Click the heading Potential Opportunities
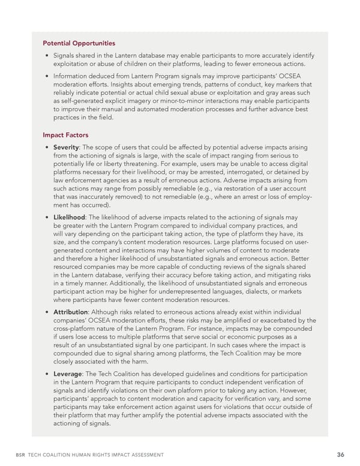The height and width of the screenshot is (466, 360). point(79,43)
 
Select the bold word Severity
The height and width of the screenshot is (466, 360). point(66,147)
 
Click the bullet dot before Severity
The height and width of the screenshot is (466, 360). point(46,147)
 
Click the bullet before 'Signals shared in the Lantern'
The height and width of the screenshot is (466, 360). point(46,56)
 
